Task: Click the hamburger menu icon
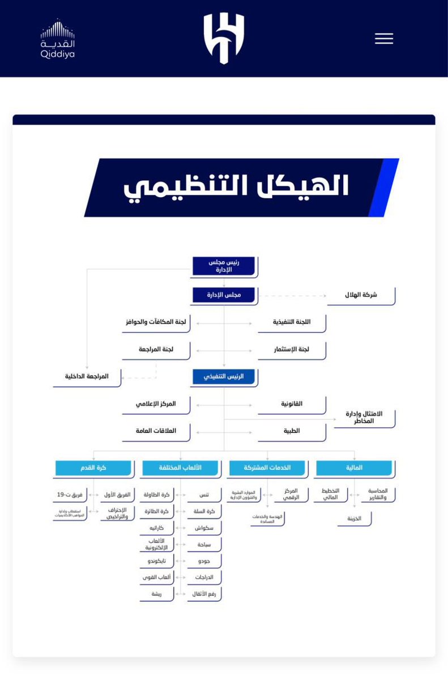tap(383, 39)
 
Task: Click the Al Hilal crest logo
tap(224, 38)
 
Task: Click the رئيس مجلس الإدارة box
tap(224, 266)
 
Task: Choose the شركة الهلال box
tap(361, 295)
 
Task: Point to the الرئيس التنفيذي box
tap(224, 376)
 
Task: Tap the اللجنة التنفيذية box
tap(292, 322)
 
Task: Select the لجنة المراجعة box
tap(156, 350)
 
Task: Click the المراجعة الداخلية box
tap(87, 377)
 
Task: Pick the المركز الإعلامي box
tap(156, 404)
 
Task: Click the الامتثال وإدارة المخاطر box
tap(364, 418)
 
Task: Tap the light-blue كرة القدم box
tap(94, 468)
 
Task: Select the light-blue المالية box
tap(354, 468)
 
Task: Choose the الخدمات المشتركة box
tap(267, 468)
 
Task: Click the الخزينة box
tap(355, 518)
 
